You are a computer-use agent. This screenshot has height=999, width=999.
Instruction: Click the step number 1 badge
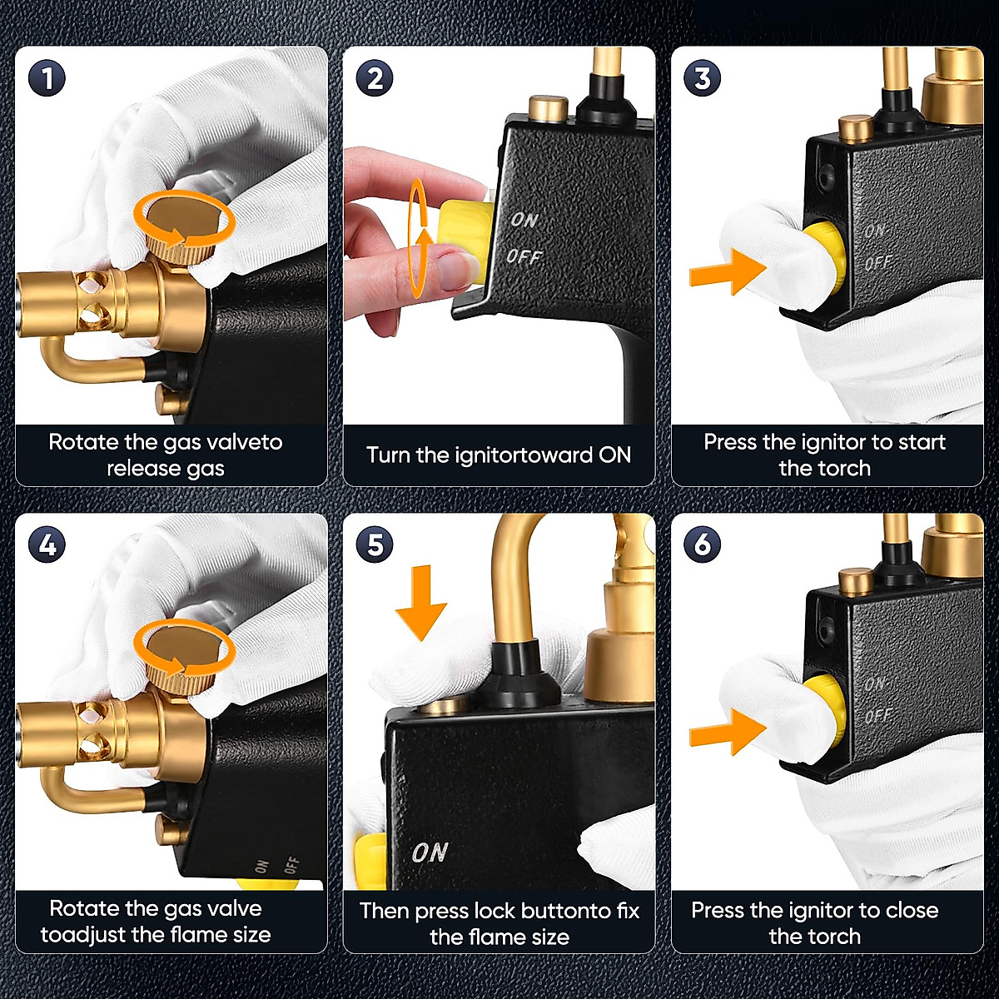pos(47,79)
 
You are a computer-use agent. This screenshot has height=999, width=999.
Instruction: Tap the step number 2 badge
pos(375,79)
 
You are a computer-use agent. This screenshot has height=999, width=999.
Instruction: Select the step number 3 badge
pos(703,79)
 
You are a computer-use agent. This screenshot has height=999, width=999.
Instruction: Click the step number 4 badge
pos(47,545)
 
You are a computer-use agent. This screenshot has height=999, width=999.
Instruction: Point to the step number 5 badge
pos(375,545)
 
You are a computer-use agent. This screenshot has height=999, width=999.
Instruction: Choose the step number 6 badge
pos(703,545)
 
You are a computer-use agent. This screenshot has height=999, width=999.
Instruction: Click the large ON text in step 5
pos(430,852)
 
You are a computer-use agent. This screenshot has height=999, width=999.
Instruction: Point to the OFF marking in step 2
pos(524,256)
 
